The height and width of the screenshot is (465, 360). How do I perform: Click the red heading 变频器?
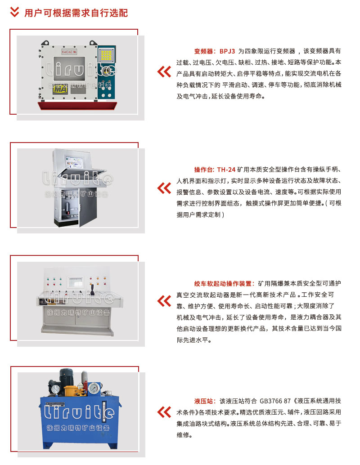coord(203,51)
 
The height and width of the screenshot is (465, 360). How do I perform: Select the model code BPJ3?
coord(227,51)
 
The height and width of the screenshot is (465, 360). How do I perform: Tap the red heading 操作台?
coord(203,170)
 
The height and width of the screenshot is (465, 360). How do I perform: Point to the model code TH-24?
coord(226,170)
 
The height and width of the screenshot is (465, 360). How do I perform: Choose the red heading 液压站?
coord(203,401)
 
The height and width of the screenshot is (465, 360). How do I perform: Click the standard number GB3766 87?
coord(275,401)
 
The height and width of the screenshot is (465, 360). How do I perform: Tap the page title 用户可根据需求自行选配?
coord(76,13)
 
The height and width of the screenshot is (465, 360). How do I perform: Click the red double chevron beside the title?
coord(14,12)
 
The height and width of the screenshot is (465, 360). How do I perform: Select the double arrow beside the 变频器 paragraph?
coord(164,72)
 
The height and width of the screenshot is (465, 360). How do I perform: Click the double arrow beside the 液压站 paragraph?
coord(164,412)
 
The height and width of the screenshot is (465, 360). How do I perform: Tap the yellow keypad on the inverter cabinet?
coord(106,55)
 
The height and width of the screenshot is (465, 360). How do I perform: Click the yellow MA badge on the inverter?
coord(60,89)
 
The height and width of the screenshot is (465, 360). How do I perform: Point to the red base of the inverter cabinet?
coord(77,106)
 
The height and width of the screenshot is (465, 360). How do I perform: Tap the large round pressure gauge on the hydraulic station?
coord(94,388)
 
